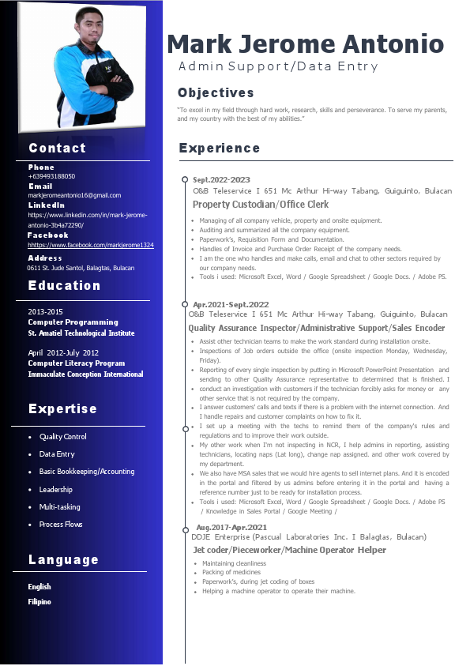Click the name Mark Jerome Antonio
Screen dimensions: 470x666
[305, 43]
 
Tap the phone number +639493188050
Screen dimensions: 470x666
[51, 176]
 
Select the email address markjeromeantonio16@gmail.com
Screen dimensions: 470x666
[74, 195]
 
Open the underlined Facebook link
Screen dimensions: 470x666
[91, 246]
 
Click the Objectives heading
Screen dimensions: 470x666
[216, 93]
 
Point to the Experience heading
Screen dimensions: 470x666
[219, 149]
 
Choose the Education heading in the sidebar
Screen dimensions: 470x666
[65, 286]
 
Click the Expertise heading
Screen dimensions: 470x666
[63, 409]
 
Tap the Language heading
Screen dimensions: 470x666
[64, 560]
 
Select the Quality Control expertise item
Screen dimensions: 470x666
[63, 437]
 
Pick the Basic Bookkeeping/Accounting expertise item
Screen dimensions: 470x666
[87, 472]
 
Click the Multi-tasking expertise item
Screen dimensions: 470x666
[60, 507]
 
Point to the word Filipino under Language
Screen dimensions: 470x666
[39, 602]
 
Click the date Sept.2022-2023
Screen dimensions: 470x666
[221, 180]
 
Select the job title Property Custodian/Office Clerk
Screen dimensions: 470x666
[261, 205]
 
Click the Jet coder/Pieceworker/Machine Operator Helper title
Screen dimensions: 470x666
[290, 550]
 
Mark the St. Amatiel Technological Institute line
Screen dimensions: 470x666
[81, 333]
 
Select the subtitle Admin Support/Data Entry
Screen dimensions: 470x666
[278, 67]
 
